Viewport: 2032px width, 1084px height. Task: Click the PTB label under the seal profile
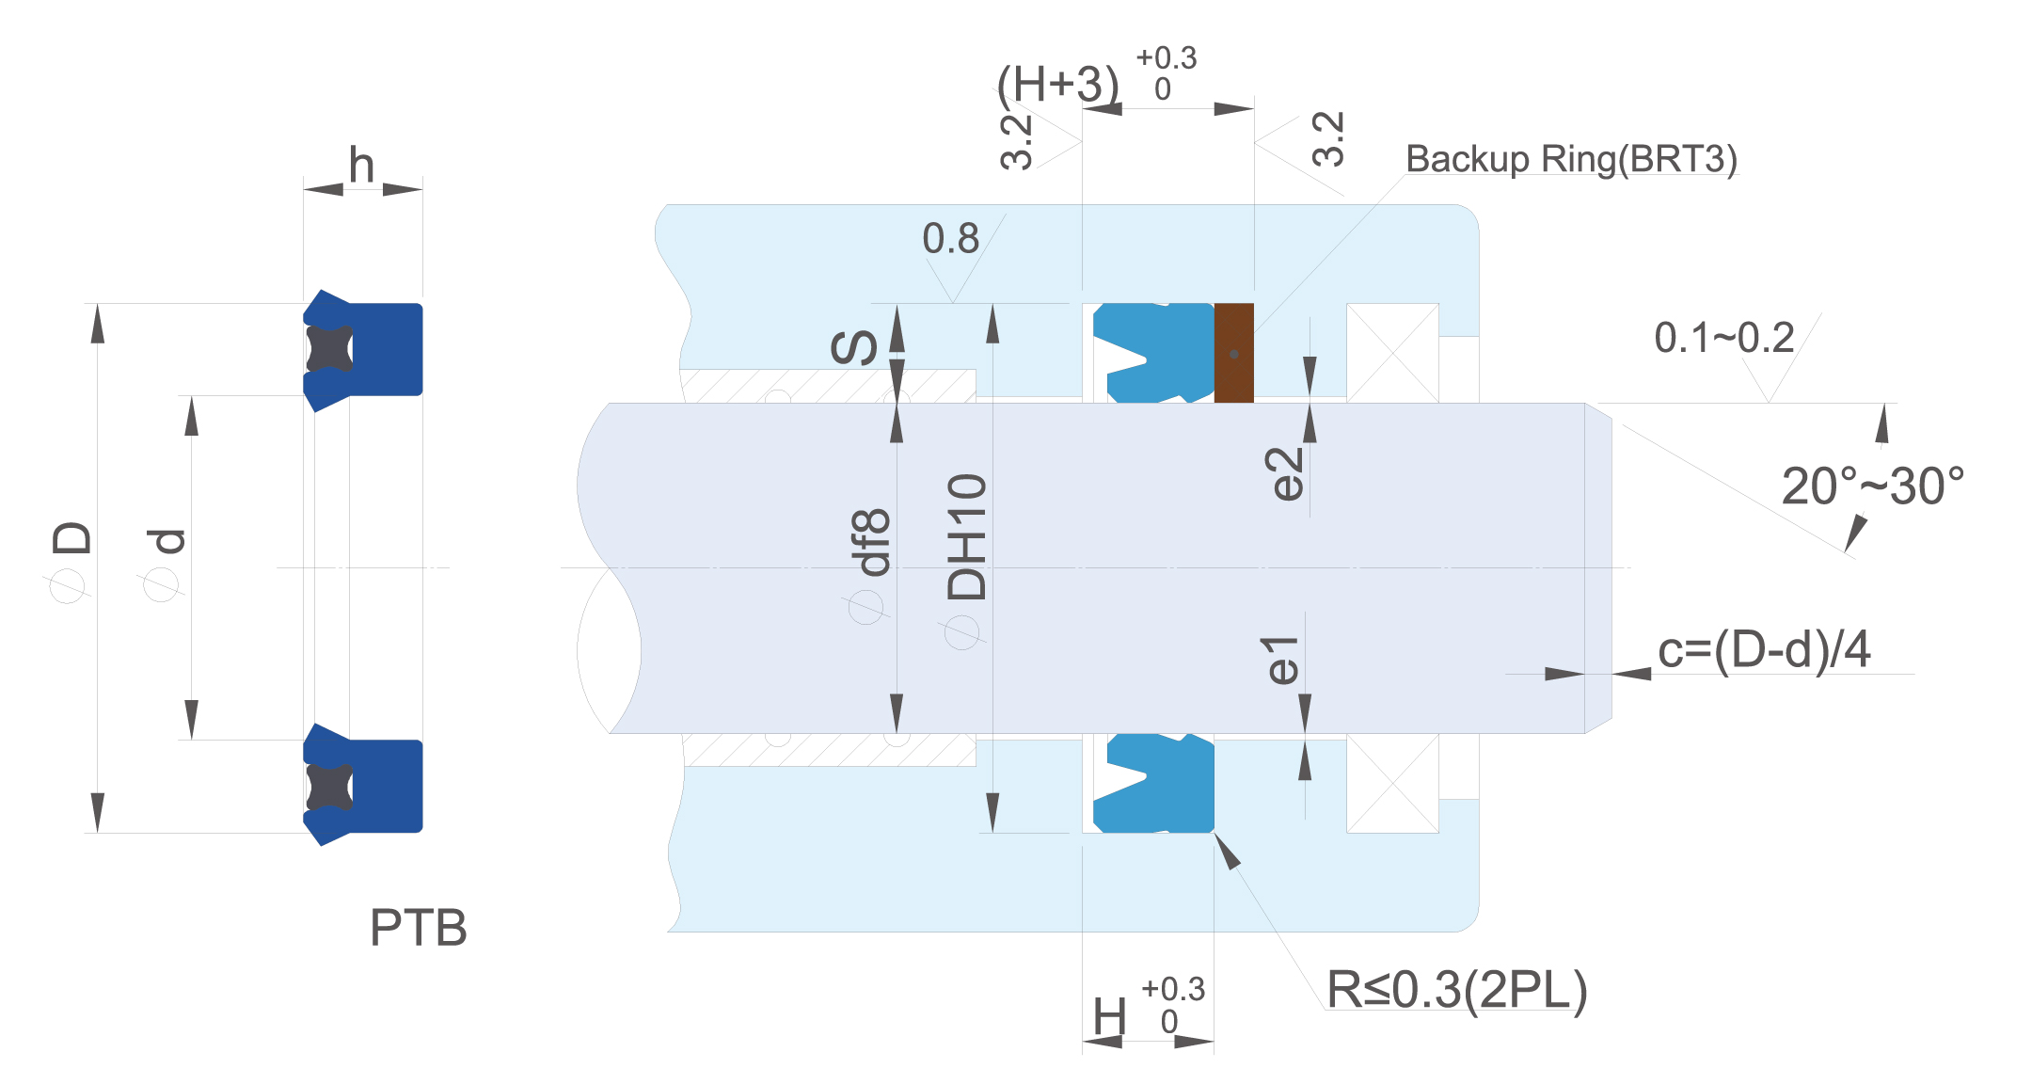[419, 928]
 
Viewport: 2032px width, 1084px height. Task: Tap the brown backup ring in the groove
[1234, 353]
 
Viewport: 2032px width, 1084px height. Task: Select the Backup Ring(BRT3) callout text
[1571, 159]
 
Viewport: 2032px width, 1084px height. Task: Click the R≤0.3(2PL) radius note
[1457, 990]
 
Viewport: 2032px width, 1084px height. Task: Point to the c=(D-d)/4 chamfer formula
[1764, 650]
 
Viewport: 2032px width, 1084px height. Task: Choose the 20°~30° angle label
[1873, 486]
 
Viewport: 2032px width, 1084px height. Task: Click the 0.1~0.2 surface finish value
[1724, 338]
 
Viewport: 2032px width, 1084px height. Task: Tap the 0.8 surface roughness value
[950, 238]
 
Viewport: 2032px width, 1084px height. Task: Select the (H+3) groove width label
[1058, 85]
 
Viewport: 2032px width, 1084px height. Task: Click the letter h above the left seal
[361, 165]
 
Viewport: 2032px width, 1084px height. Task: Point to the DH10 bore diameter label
[967, 536]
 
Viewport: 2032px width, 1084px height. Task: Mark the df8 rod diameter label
[870, 542]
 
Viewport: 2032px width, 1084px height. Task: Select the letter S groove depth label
[854, 347]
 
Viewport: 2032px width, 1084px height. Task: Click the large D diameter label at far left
[71, 537]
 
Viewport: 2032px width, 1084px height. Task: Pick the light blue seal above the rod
[1153, 353]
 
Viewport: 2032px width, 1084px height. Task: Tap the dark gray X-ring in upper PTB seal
[329, 348]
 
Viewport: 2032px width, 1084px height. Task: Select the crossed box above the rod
[1392, 353]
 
